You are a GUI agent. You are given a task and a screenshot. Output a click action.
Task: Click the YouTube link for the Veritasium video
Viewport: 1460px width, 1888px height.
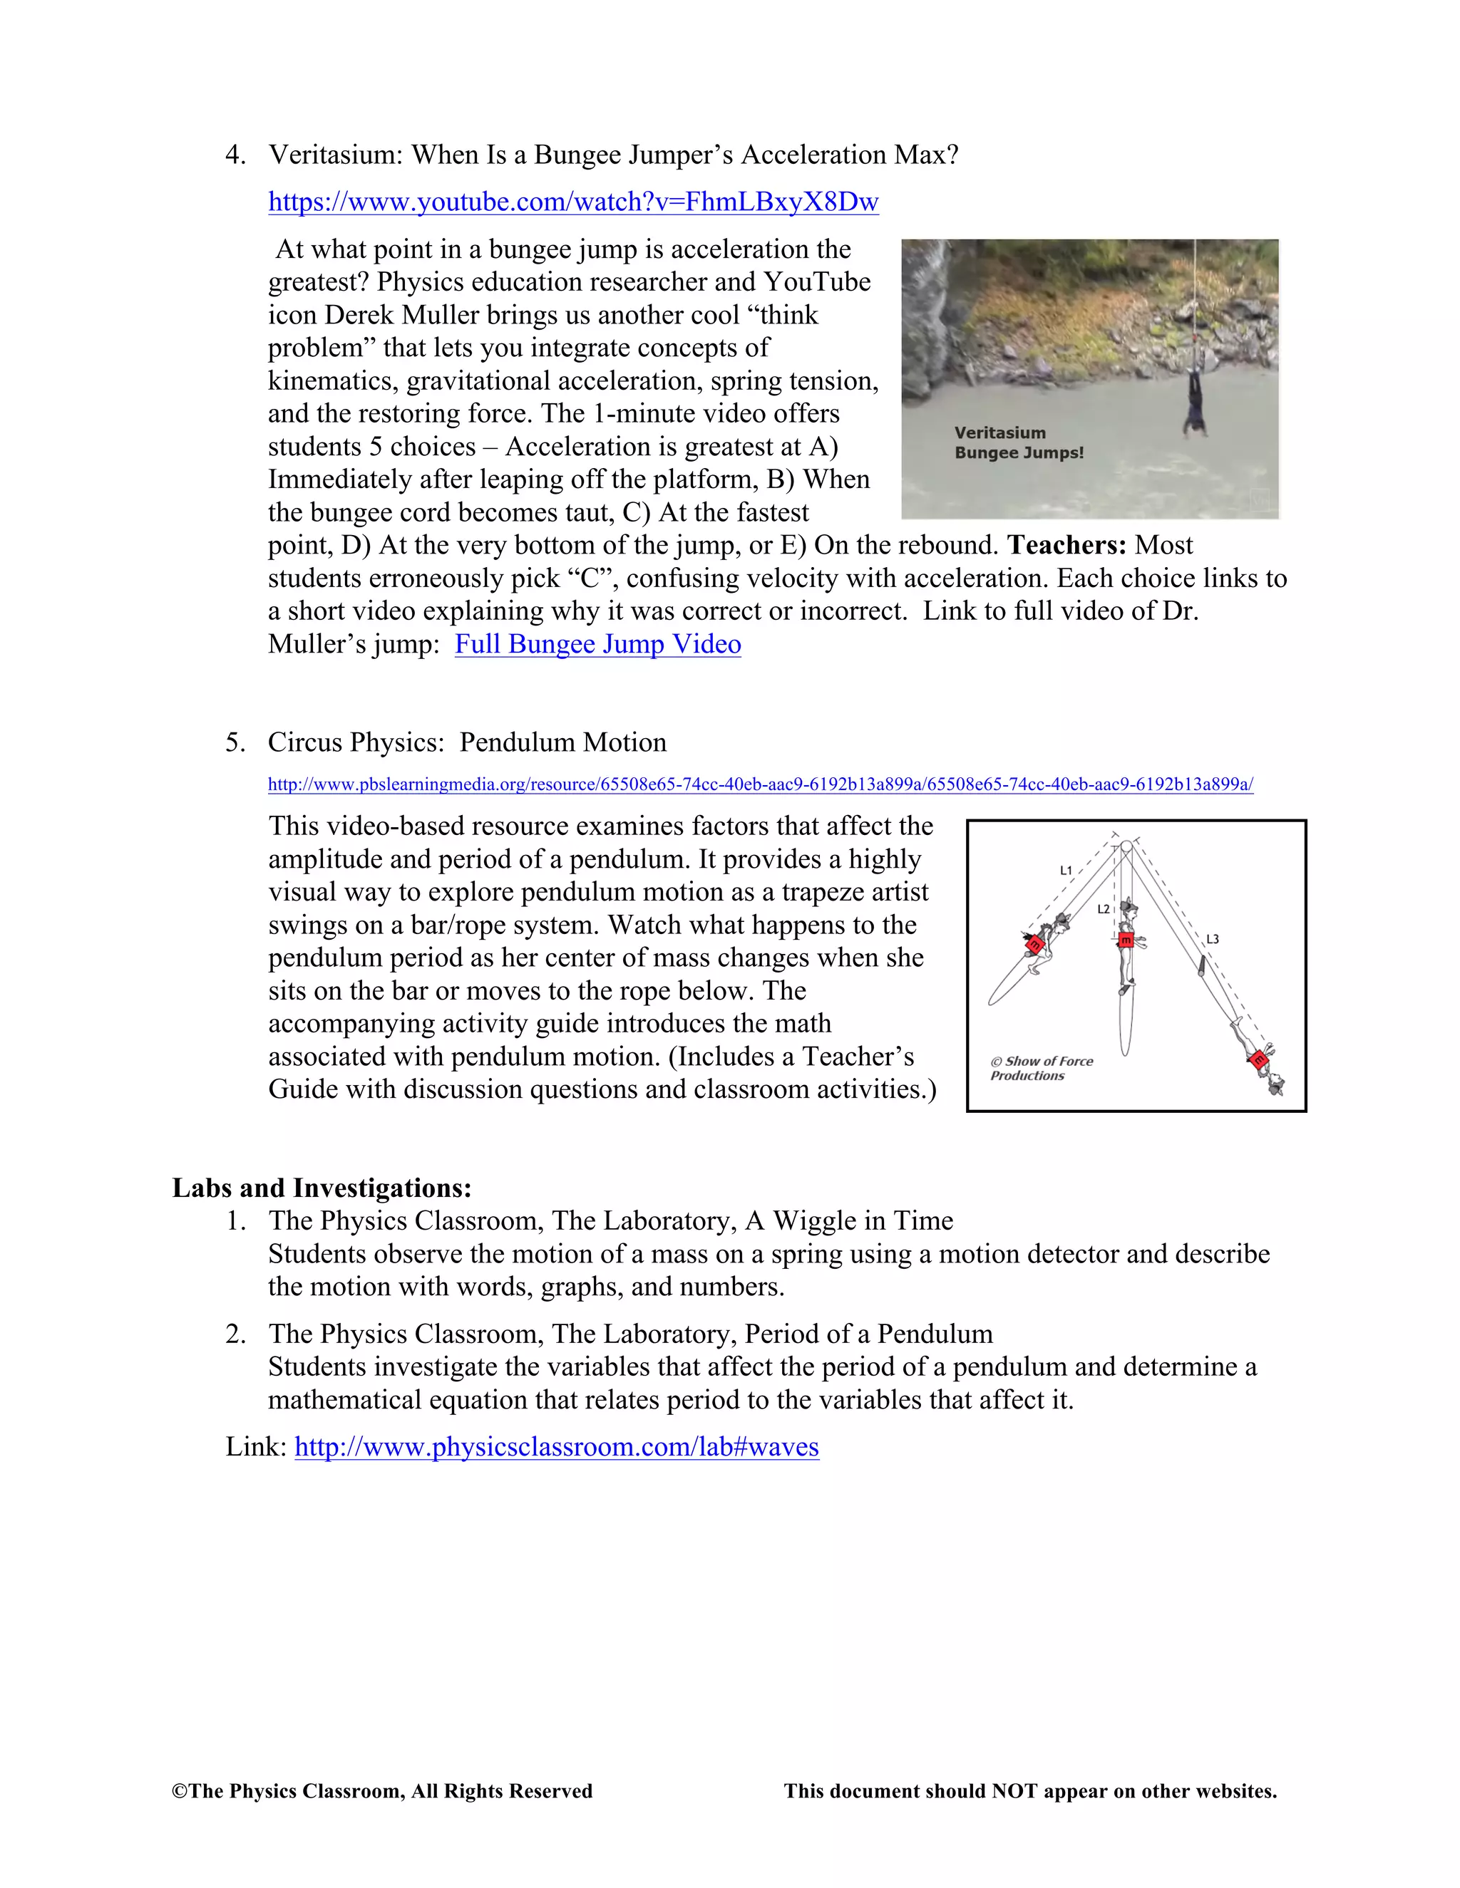coord(572,202)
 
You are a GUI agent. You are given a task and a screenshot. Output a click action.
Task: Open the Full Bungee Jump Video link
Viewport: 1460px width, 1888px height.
coord(597,644)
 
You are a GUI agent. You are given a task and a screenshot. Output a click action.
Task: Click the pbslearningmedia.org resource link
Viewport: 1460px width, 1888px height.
coord(759,785)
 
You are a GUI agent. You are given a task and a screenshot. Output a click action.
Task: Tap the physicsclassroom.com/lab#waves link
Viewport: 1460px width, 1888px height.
coord(556,1446)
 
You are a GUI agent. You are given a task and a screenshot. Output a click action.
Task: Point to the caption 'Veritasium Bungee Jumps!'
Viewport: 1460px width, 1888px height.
coord(1018,442)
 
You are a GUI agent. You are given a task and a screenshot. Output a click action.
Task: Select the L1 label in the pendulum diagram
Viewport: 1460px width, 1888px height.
coord(1066,871)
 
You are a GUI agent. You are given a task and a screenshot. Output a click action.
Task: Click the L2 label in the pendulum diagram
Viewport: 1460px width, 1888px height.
coord(1103,909)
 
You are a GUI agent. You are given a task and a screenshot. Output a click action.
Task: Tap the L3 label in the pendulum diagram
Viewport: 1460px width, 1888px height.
coord(1213,939)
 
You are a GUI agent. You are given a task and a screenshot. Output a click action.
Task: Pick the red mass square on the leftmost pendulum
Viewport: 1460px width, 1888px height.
coord(1034,945)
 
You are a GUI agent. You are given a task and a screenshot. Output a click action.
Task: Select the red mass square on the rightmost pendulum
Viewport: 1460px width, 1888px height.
coord(1260,1059)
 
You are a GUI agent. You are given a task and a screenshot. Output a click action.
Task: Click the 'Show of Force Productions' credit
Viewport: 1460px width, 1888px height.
coord(1042,1069)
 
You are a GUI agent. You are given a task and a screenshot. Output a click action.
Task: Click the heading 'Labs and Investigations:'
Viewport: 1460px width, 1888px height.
coord(322,1188)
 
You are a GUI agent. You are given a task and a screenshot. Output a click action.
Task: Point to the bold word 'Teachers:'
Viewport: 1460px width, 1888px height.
coord(1066,546)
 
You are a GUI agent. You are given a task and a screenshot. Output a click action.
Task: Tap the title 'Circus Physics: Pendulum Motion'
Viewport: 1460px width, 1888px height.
coord(467,742)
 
